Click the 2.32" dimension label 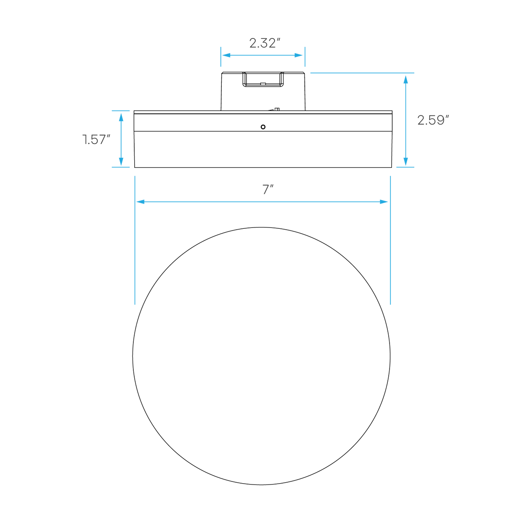[x=265, y=43]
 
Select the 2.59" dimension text [x=433, y=120]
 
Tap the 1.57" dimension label [x=96, y=140]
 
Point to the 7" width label [x=268, y=189]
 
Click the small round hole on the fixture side [x=263, y=127]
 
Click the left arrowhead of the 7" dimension [x=140, y=202]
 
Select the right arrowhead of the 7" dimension [x=384, y=202]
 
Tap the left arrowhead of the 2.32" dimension [x=227, y=55]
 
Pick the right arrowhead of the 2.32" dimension [x=299, y=55]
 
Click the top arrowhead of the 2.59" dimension [x=405, y=79]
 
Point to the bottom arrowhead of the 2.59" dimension [x=405, y=162]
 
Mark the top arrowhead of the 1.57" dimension [x=121, y=117]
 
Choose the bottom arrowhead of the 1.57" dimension [x=121, y=162]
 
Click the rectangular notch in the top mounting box [x=263, y=79]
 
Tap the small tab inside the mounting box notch [x=263, y=83]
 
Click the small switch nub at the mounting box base [x=276, y=109]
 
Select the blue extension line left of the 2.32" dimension [x=220, y=57]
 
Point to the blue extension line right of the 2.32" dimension [x=305, y=57]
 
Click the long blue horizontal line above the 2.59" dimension [x=362, y=73]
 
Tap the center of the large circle [x=261, y=356]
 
